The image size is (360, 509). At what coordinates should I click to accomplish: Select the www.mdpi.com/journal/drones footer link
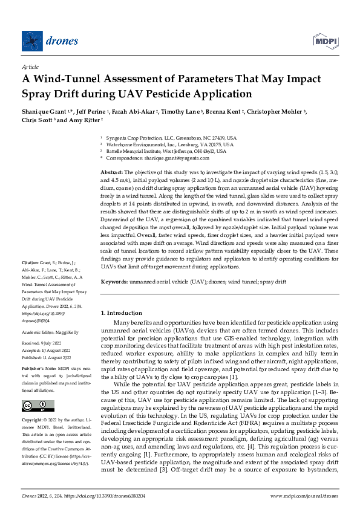click(x=304, y=495)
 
